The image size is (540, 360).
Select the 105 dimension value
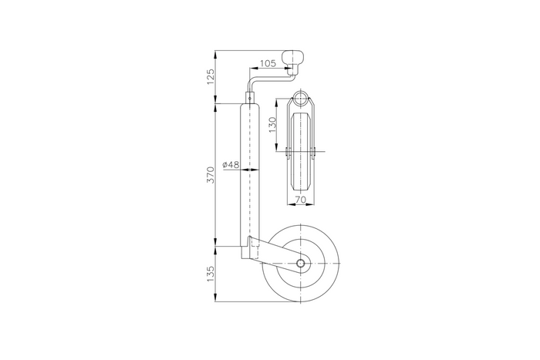pos(269,63)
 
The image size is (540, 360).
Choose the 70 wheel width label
pos(299,200)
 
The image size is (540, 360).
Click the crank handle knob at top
pos(296,59)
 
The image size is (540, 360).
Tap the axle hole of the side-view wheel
pos(299,264)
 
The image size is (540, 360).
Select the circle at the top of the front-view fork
pos(299,101)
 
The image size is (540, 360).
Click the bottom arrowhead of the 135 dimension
pos(217,299)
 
